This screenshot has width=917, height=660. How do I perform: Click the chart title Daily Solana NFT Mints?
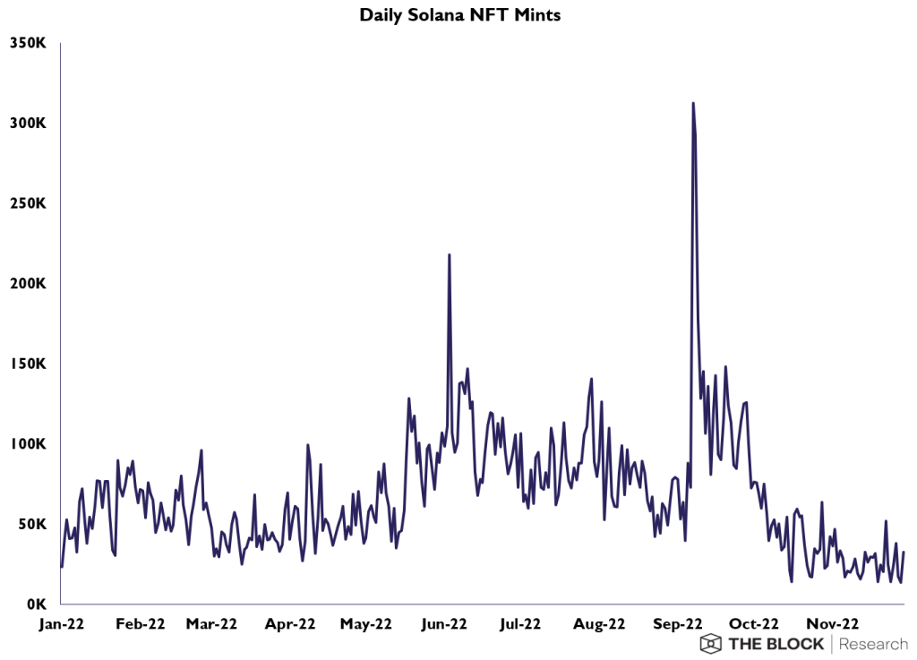[459, 15]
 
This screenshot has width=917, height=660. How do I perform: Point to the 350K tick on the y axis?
[29, 42]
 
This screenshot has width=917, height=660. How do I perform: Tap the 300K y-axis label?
[29, 123]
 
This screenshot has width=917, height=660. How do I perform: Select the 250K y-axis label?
[29, 203]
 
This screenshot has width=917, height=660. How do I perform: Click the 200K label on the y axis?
[29, 284]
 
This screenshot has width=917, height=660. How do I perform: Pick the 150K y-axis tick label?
[29, 364]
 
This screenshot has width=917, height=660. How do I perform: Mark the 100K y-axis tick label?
[29, 444]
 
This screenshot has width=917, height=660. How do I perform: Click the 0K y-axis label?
[36, 604]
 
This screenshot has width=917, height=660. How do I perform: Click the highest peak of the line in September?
[693, 104]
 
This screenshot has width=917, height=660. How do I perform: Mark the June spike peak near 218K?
[449, 255]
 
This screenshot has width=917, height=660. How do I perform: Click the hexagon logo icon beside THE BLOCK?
[711, 644]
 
